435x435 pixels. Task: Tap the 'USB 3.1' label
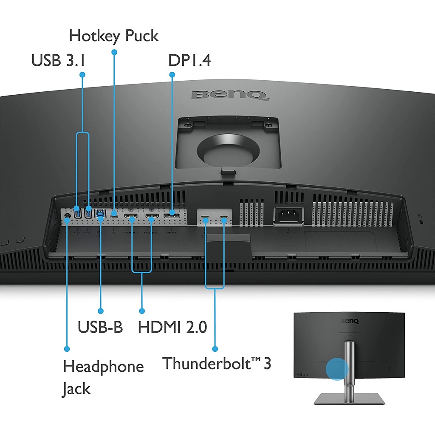58,60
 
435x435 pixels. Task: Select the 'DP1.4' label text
189,60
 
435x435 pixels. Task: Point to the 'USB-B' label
100,327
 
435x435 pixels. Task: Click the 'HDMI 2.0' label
172,327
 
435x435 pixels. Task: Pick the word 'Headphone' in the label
103,366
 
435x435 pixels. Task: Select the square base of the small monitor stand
349,398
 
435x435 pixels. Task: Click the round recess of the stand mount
229,150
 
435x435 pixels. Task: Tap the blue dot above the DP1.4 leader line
172,75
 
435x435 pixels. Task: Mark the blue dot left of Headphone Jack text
67,349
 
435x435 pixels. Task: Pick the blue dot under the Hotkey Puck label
114,52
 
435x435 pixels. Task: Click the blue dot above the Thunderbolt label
215,349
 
